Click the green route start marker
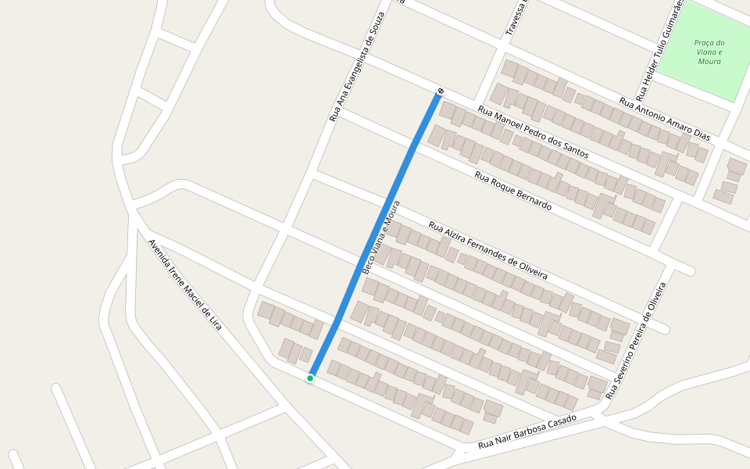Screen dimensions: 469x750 coord(310,378)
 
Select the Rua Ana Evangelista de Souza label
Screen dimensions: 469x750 coord(357,67)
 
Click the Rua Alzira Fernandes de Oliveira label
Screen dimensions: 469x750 coord(487,250)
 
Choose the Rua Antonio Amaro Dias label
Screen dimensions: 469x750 coord(664,119)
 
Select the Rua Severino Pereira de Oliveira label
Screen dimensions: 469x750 coord(639,335)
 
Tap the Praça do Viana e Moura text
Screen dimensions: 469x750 coord(709,52)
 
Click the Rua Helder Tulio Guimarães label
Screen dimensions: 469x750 coord(659,51)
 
